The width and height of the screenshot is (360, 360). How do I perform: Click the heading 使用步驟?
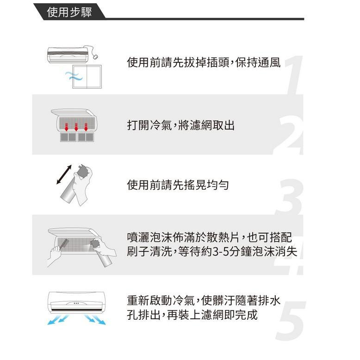click(69, 12)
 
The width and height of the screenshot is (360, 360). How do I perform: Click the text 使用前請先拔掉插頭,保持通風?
click(204, 62)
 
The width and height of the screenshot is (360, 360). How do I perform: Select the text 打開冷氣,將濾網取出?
click(180, 125)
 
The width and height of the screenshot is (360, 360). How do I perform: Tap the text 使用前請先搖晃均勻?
click(178, 185)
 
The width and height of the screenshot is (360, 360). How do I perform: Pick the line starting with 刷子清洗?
click(211, 252)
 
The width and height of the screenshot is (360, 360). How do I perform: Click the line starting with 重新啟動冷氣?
click(204, 300)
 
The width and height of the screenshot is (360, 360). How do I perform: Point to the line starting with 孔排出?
click(192, 315)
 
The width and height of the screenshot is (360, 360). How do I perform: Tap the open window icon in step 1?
click(88, 76)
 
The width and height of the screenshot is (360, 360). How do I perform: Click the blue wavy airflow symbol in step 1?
click(73, 76)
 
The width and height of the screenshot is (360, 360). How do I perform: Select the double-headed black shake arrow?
click(64, 175)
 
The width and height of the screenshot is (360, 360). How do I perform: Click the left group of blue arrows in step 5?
click(58, 319)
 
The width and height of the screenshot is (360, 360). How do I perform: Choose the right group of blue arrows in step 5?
click(95, 319)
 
